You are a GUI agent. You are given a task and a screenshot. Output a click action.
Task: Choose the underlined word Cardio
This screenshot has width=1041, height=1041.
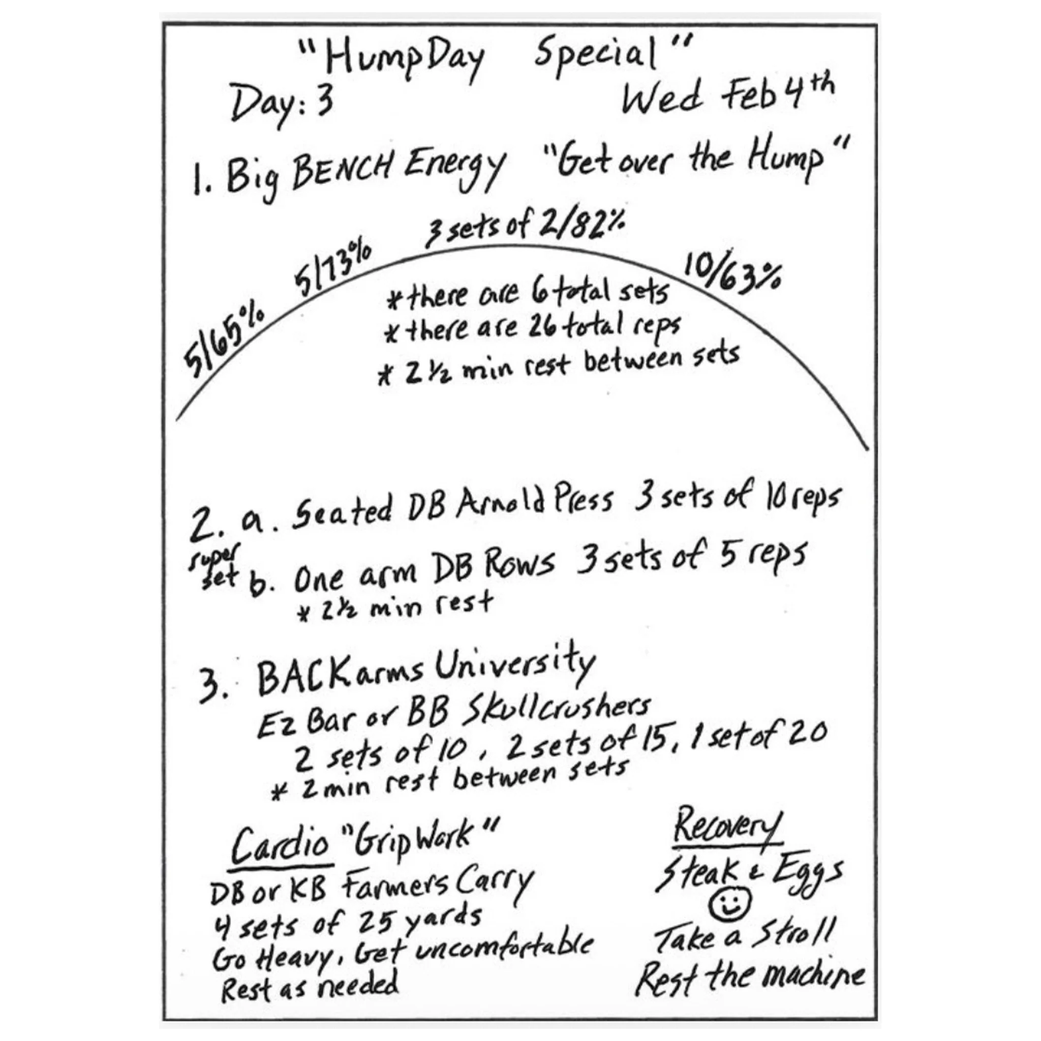(280, 845)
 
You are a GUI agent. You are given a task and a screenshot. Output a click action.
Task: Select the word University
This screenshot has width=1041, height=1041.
(515, 665)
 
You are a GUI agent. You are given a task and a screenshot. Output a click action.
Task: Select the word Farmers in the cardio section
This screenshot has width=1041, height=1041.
(395, 886)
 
